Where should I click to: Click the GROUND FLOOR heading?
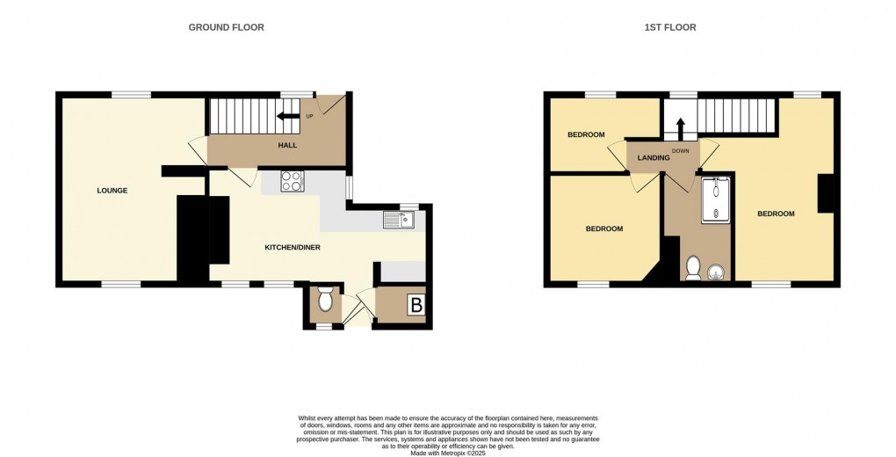click(x=226, y=27)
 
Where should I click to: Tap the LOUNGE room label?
click(x=112, y=191)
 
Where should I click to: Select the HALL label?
click(x=287, y=145)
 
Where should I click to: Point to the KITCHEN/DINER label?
click(x=293, y=248)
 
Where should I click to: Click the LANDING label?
click(x=654, y=157)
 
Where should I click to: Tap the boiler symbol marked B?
click(x=416, y=306)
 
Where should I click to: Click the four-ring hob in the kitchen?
click(x=292, y=181)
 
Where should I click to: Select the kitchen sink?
click(x=399, y=220)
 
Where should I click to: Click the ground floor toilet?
click(x=325, y=301)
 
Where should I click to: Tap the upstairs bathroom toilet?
click(x=693, y=267)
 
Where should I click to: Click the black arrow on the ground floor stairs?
click(x=286, y=115)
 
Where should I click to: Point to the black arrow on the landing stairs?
click(x=680, y=126)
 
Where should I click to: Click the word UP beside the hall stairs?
click(x=309, y=116)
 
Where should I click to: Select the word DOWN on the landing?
click(x=681, y=151)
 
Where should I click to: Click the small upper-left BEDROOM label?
click(x=586, y=134)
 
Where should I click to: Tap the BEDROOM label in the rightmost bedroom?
click(x=776, y=214)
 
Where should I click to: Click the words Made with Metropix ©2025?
click(x=448, y=452)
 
